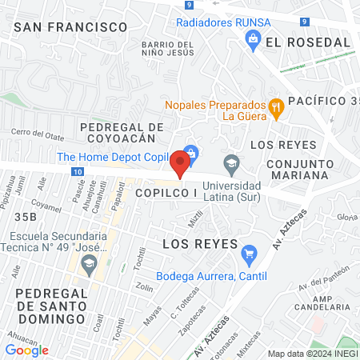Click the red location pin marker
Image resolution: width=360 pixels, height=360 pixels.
tap(180, 165)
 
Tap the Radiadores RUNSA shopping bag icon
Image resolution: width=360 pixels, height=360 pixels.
tap(253, 37)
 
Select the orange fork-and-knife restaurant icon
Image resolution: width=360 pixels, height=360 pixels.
tap(276, 106)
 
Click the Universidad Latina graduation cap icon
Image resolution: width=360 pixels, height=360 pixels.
tap(231, 163)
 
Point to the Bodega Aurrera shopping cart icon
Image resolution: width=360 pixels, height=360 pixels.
tap(248, 254)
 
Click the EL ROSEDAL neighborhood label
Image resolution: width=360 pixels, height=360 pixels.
tap(308, 42)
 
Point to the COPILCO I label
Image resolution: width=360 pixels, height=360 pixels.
tap(166, 194)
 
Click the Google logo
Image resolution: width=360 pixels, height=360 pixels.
tap(26, 350)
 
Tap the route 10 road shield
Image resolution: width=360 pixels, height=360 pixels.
tap(75, 171)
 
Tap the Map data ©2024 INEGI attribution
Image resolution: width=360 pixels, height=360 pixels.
tap(312, 353)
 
